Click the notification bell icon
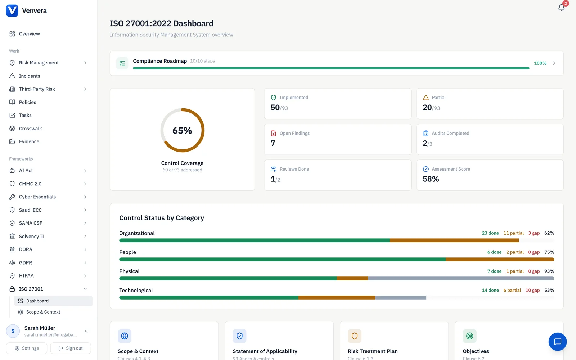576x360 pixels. click(561, 8)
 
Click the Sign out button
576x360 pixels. click(71, 348)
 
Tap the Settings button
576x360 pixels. click(27, 348)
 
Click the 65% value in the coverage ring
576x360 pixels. click(182, 130)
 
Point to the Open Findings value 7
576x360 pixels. click(273, 143)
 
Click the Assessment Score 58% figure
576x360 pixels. click(431, 179)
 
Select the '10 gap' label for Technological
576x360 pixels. click(532, 290)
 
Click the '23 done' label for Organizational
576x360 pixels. click(490, 233)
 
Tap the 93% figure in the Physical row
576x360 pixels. click(549, 271)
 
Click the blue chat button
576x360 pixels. click(558, 342)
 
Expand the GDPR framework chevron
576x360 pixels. click(85, 262)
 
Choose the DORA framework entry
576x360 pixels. click(26, 249)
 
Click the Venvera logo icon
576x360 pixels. click(12, 10)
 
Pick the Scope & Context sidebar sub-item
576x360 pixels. click(43, 312)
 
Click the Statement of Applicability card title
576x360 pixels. click(265, 351)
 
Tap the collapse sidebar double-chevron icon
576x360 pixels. click(86, 331)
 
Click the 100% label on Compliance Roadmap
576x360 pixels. click(540, 63)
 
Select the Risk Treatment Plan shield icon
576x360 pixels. click(354, 336)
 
